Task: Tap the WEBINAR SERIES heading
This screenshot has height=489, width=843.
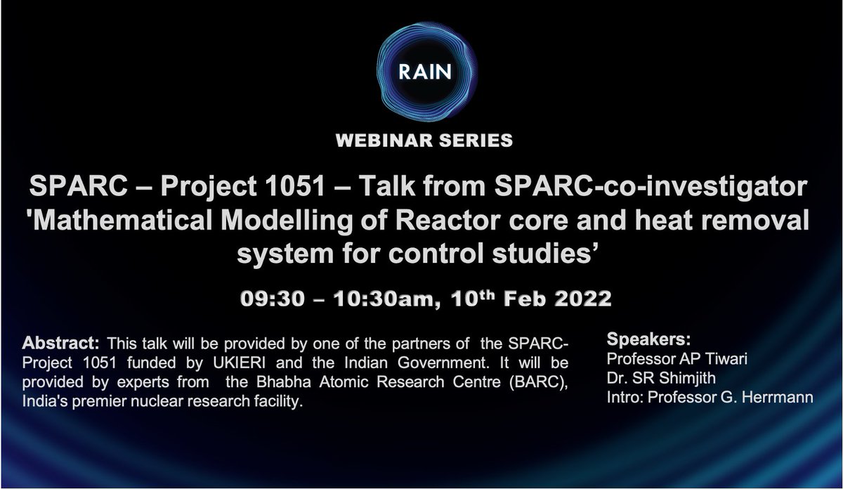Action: [424, 141]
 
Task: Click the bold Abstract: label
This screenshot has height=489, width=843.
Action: [63, 345]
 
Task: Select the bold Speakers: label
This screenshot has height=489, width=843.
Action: [645, 339]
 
